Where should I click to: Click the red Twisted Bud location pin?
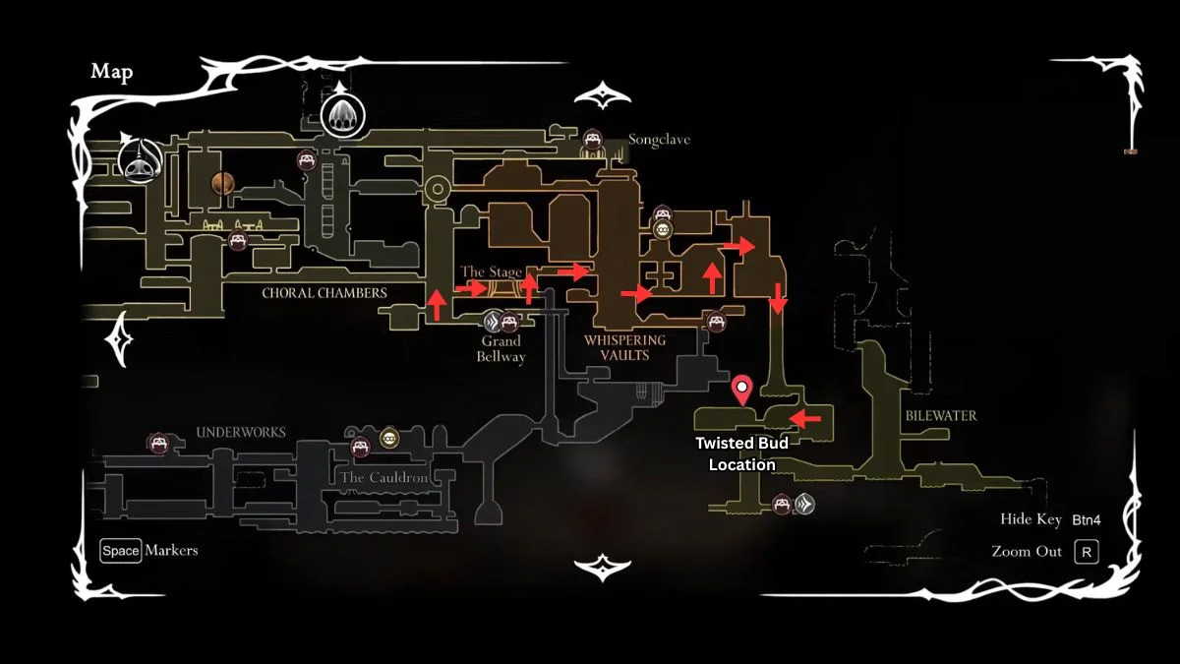(742, 390)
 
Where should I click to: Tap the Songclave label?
(659, 140)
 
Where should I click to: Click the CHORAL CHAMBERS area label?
(324, 292)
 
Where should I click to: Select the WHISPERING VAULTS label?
(624, 347)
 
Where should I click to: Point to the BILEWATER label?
(941, 415)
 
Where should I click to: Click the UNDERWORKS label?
(241, 432)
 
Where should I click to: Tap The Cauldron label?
(383, 478)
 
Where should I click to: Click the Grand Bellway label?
(501, 348)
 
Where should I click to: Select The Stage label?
(492, 272)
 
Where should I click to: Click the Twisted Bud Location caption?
(742, 453)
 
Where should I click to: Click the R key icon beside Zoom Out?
(1086, 551)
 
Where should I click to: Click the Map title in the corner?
(112, 72)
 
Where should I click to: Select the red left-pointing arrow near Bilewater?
(806, 420)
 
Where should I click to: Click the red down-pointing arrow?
(778, 298)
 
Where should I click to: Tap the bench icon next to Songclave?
(592, 139)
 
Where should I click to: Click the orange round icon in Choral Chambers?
(223, 182)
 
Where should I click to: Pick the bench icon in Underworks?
(157, 444)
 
